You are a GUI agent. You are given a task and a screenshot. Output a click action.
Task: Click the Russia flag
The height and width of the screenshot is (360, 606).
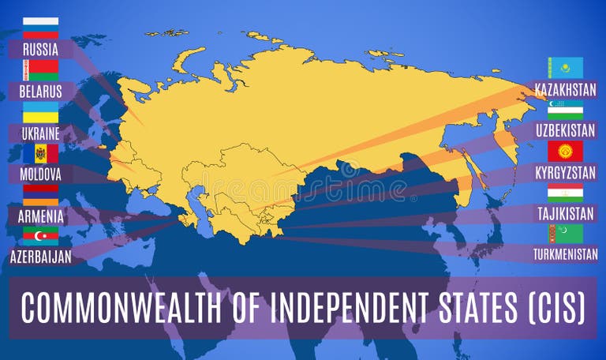click(40, 28)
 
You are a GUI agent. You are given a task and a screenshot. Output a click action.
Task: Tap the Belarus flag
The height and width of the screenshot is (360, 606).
click(40, 70)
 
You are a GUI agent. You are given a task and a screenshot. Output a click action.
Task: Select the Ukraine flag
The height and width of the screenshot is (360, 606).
click(40, 112)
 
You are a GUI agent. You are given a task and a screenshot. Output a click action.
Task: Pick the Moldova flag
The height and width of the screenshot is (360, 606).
click(40, 153)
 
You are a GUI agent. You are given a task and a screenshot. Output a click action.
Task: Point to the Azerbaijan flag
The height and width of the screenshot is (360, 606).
click(40, 235)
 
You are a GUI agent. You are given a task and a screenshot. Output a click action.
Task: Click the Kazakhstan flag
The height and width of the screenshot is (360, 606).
click(565, 67)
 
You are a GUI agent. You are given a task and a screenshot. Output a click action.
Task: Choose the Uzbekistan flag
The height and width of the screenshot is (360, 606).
click(565, 109)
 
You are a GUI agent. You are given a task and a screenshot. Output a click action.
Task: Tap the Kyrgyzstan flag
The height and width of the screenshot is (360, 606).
click(565, 151)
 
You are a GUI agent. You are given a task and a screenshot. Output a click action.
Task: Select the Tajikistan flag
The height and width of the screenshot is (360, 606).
click(565, 193)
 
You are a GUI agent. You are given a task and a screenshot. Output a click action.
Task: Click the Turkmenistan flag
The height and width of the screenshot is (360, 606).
click(565, 234)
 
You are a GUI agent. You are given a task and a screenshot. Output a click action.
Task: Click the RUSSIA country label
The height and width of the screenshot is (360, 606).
click(40, 49)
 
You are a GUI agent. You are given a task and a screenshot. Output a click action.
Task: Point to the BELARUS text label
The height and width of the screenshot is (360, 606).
click(40, 91)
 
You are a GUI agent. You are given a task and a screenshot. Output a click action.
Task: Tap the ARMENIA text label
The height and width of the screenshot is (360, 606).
click(40, 215)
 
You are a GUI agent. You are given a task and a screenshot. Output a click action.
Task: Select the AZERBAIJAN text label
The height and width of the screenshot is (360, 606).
click(40, 256)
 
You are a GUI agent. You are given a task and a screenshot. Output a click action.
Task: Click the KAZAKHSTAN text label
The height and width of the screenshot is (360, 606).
click(565, 88)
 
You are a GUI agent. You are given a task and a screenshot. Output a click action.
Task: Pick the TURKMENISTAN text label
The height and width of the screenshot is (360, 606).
click(565, 254)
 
